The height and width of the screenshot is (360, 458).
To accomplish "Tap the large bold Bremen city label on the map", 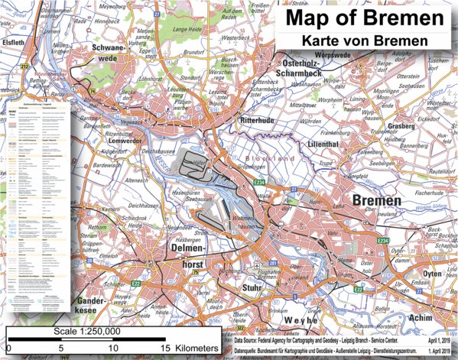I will coord(376,201).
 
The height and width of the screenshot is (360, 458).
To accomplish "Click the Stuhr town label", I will coord(252,290).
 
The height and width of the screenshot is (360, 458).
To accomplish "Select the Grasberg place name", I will coord(400,125).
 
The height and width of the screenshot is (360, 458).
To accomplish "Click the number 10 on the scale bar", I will coord(112,349).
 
